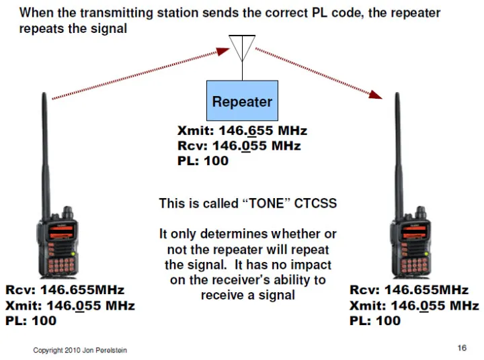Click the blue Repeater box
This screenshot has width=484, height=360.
pyautogui.click(x=241, y=101)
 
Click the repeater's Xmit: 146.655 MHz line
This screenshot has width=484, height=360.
pyautogui.click(x=242, y=131)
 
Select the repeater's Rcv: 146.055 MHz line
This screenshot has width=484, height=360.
pyautogui.click(x=239, y=146)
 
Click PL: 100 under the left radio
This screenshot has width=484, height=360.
pyautogui.click(x=31, y=320)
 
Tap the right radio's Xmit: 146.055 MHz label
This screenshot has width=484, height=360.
pyautogui.click(x=414, y=306)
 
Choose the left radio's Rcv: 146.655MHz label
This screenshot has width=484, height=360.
pyautogui.click(x=65, y=291)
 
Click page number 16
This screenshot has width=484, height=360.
pyautogui.click(x=462, y=347)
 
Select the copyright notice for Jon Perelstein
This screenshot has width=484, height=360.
pyautogui.click(x=80, y=350)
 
